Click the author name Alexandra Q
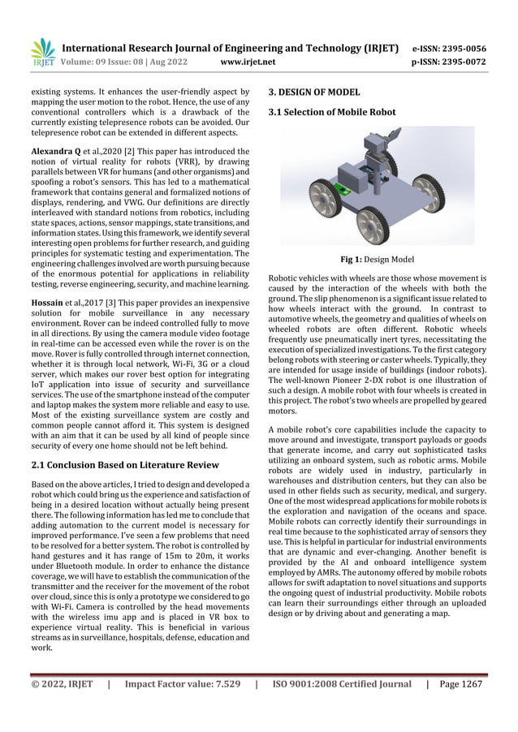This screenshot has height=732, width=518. click(x=58, y=151)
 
